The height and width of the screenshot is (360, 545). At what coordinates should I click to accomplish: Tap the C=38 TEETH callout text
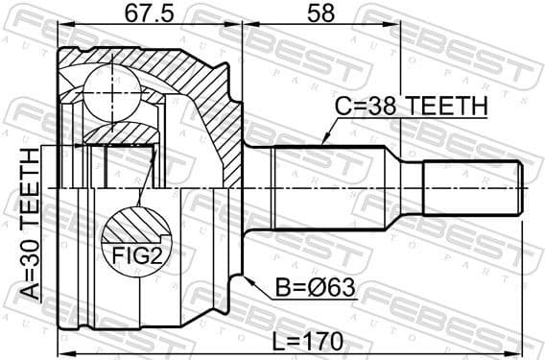click(x=410, y=108)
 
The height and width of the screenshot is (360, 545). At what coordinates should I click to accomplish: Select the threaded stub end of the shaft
click(x=475, y=188)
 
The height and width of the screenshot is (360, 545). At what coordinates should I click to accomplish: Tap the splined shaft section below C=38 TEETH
click(x=331, y=188)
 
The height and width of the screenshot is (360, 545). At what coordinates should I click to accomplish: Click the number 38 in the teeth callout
click(x=385, y=108)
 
